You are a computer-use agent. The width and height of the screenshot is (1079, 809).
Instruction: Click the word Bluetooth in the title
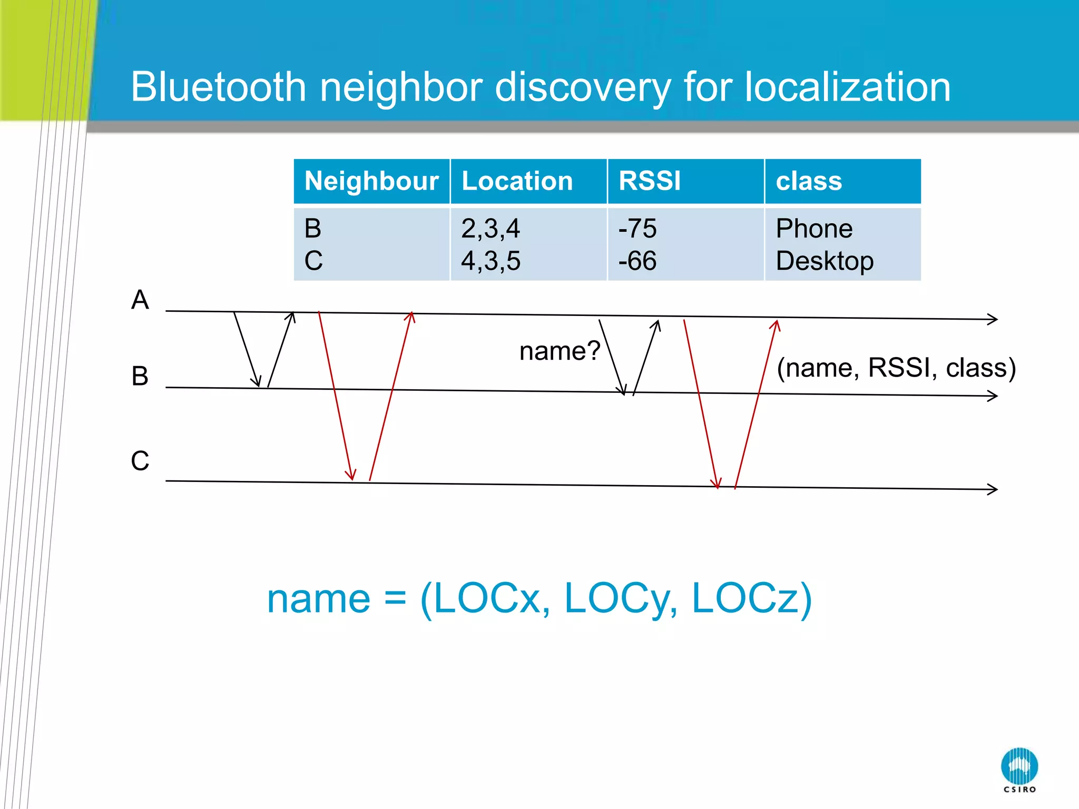pos(218,87)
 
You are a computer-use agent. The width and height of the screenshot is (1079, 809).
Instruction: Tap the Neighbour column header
pos(371,181)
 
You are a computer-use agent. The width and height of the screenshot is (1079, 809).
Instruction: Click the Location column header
pos(517,181)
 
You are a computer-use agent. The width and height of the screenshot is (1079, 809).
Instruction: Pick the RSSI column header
pos(650,181)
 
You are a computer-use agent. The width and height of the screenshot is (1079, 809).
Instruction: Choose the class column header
pos(809,181)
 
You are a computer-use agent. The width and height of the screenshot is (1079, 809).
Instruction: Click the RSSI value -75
pos(637,229)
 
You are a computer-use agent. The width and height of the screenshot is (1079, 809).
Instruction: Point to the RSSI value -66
pos(637,261)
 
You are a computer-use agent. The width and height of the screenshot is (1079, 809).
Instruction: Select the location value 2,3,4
pos(491,229)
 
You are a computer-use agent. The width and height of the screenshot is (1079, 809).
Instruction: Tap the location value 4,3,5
pos(491,261)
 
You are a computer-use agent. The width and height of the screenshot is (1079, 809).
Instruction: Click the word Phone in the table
pos(814,229)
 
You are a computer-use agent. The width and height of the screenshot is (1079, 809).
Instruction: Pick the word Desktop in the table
pos(825,261)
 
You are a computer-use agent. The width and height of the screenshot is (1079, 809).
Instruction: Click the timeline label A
pos(140,300)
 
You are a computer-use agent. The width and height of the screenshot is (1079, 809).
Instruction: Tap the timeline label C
pos(140,461)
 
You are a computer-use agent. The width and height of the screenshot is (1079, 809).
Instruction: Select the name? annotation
pos(560,351)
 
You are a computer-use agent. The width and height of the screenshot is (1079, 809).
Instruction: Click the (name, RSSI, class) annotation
pos(896,368)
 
